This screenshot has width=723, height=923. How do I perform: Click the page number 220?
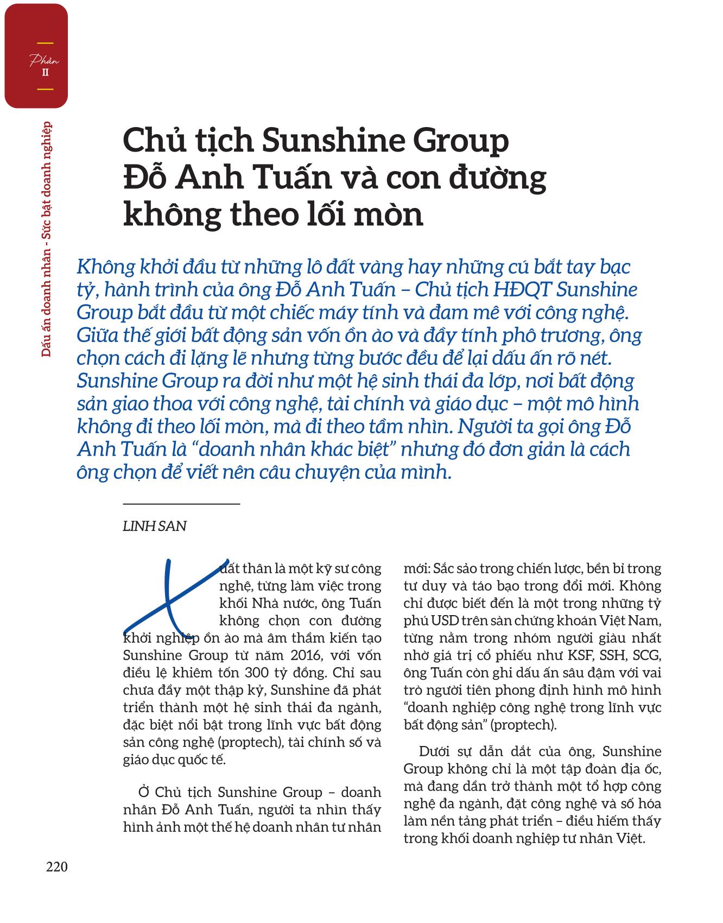(57, 867)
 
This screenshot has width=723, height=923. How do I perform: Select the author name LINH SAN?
(155, 526)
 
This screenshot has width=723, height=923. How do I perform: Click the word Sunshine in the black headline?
(333, 141)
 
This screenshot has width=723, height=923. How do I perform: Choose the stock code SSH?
(615, 655)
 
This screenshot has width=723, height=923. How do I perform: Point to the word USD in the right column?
(441, 621)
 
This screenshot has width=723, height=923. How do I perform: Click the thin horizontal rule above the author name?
(181, 504)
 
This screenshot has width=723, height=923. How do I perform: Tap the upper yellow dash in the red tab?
(45, 43)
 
